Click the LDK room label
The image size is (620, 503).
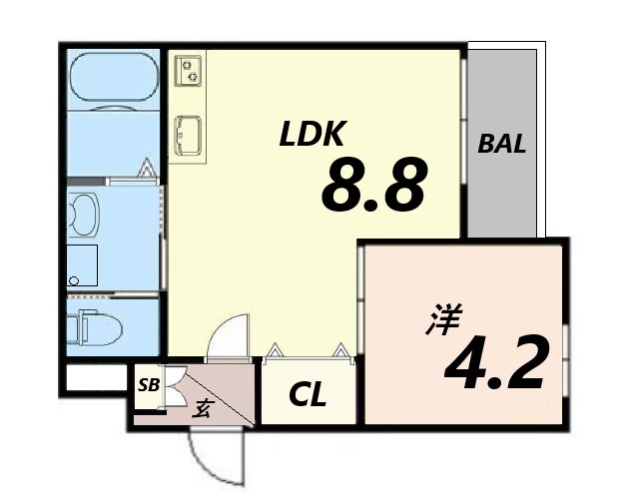coord(312,134)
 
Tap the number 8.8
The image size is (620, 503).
coord(374,184)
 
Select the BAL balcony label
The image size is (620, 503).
coord(502,144)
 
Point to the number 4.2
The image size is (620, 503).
coord(496,362)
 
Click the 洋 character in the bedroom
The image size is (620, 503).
coord(444,319)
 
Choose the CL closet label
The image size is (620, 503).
coord(308,393)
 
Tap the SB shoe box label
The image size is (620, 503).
coord(149,385)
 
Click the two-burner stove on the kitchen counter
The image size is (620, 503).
coord(189,70)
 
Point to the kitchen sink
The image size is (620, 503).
coord(189,135)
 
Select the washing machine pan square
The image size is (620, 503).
coord(82,265)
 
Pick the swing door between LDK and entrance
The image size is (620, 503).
coord(229,337)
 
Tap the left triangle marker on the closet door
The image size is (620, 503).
coord(274,350)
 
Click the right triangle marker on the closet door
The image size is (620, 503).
coord(340,350)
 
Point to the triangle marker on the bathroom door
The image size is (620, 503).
coord(146,167)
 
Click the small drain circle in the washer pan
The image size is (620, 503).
coord(74,280)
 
